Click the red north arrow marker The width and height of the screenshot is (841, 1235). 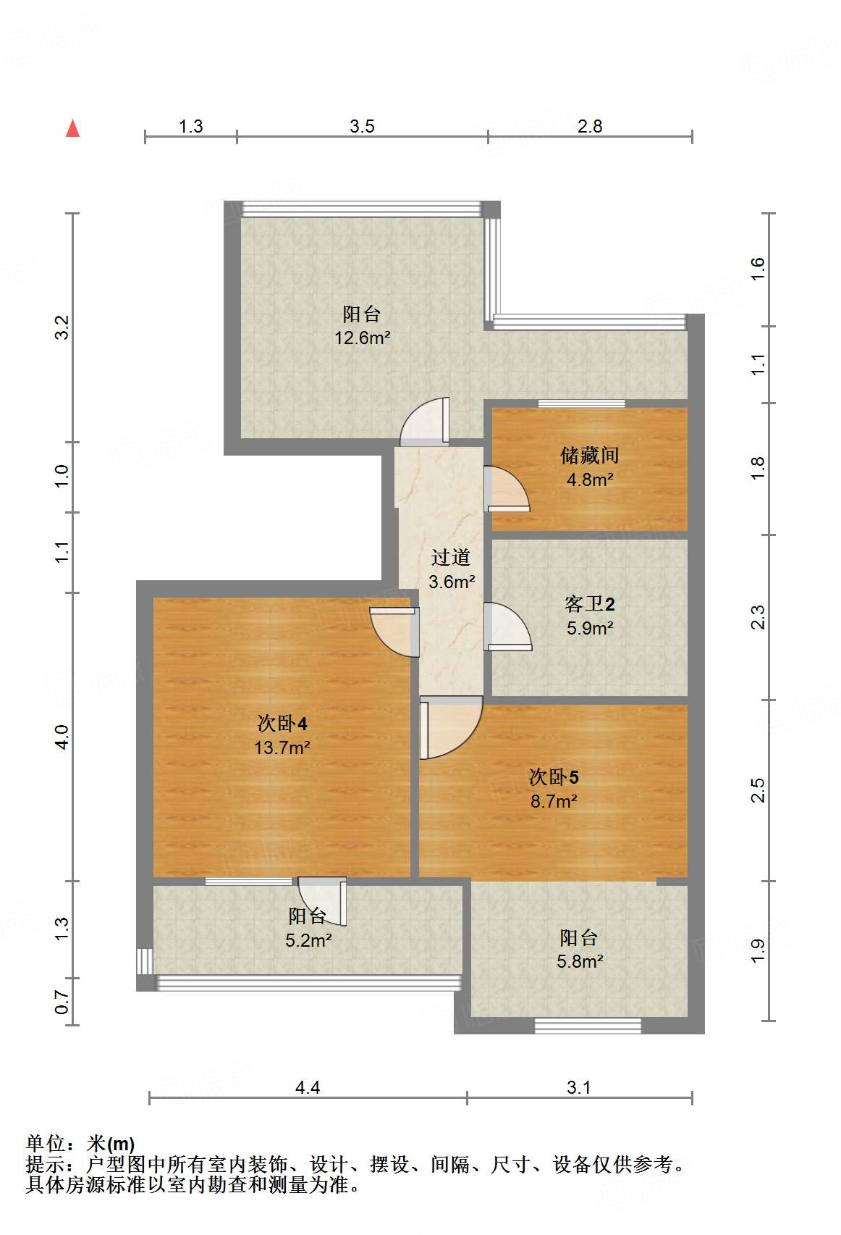coord(73,128)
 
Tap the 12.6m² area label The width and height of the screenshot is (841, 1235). coord(363,338)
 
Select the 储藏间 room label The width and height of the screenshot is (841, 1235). coord(590,456)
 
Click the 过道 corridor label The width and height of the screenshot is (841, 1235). coord(451,557)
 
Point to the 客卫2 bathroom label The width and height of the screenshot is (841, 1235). coord(590,603)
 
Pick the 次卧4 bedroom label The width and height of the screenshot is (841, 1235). coord(282,723)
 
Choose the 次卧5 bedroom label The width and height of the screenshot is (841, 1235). coord(554,777)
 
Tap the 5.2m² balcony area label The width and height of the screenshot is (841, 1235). coord(308,940)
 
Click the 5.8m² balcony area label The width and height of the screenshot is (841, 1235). coord(580,961)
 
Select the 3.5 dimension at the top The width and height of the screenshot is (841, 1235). coord(362,126)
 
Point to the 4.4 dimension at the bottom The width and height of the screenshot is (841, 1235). coord(308,1087)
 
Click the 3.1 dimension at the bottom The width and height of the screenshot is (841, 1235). coord(579,1087)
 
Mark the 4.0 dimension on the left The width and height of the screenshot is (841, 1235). coord(62,737)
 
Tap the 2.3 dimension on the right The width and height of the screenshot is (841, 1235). coord(758,617)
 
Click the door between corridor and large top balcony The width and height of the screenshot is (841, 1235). coord(426,422)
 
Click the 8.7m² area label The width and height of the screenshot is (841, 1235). coord(554,801)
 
